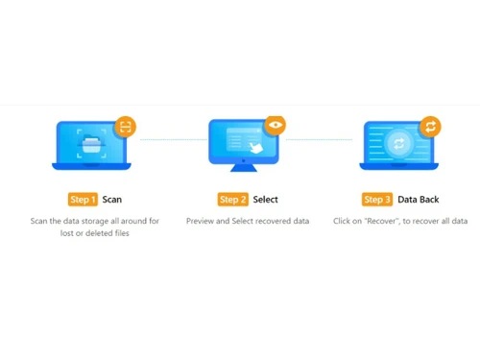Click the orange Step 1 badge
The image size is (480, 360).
pyautogui.click(x=83, y=200)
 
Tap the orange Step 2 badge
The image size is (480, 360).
pyautogui.click(x=233, y=200)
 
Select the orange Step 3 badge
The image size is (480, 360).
pyautogui.click(x=377, y=200)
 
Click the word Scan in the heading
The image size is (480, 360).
pyautogui.click(x=112, y=200)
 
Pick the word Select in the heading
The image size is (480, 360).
pyautogui.click(x=266, y=200)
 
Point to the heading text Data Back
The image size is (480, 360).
pyautogui.click(x=420, y=200)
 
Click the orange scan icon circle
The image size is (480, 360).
pyautogui.click(x=125, y=126)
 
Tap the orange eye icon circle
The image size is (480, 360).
pyautogui.click(x=276, y=125)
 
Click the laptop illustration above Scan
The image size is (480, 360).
pyautogui.click(x=92, y=145)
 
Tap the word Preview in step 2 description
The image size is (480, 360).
pyautogui.click(x=202, y=221)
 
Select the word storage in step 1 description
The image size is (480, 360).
pyautogui.click(x=95, y=221)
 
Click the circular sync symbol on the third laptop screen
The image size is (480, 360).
pyautogui.click(x=399, y=143)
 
